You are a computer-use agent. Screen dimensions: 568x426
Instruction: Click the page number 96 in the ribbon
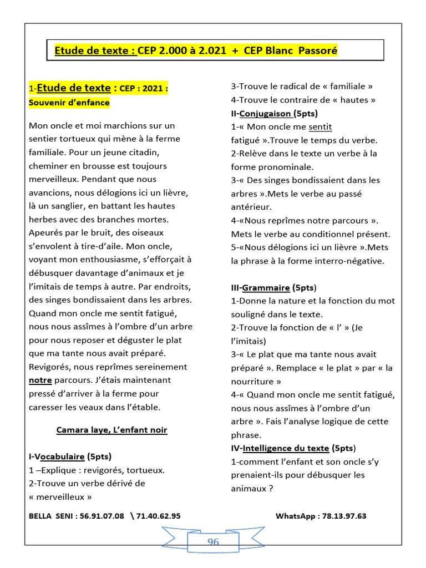pyautogui.click(x=213, y=542)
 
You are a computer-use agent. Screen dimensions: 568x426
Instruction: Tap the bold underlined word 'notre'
pyautogui.click(x=40, y=381)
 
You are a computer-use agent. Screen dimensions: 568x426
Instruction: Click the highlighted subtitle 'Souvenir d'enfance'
pyautogui.click(x=69, y=103)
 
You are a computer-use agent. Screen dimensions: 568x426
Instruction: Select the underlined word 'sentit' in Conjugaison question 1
pyautogui.click(x=320, y=127)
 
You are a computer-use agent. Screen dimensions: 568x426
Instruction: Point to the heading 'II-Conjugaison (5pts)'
pyautogui.click(x=271, y=114)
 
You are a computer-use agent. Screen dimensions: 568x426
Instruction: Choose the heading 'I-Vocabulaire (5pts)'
pyautogui.click(x=70, y=457)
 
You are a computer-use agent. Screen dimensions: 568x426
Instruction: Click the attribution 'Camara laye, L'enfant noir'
pyautogui.click(x=111, y=430)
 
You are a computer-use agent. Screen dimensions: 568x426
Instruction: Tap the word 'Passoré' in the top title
pyautogui.click(x=318, y=50)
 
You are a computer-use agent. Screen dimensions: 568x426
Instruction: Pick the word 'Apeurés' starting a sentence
pyautogui.click(x=48, y=233)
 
